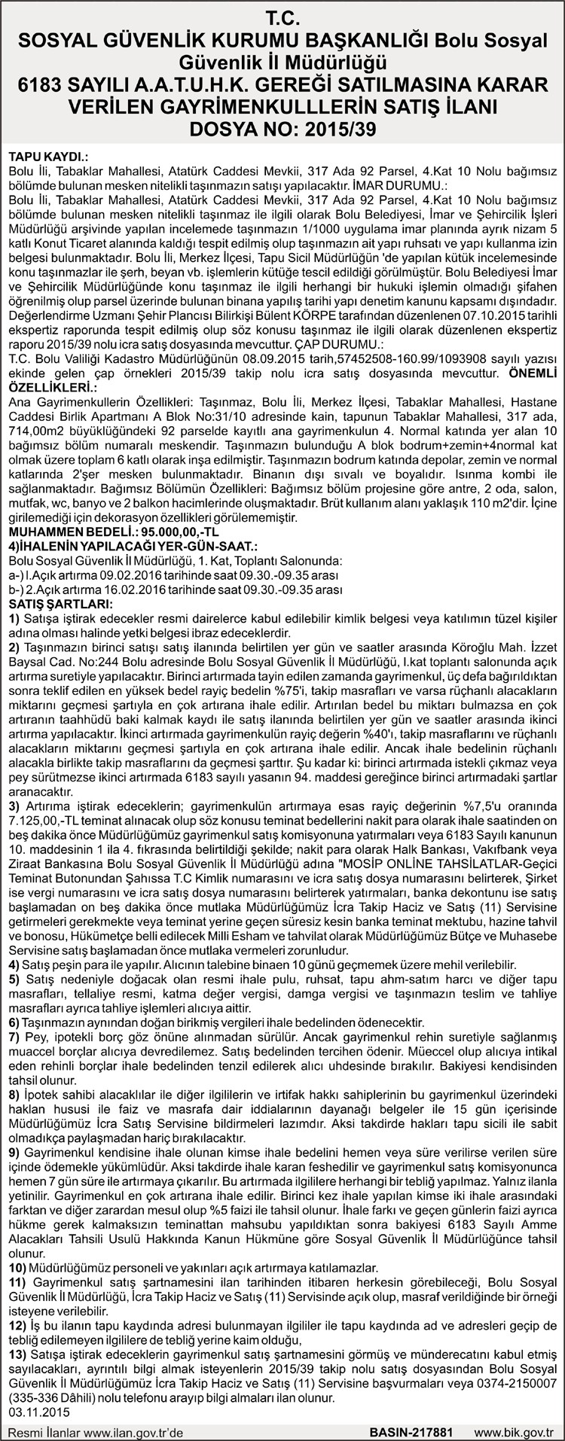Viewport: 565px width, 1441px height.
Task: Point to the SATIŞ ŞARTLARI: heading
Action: tap(59, 605)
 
